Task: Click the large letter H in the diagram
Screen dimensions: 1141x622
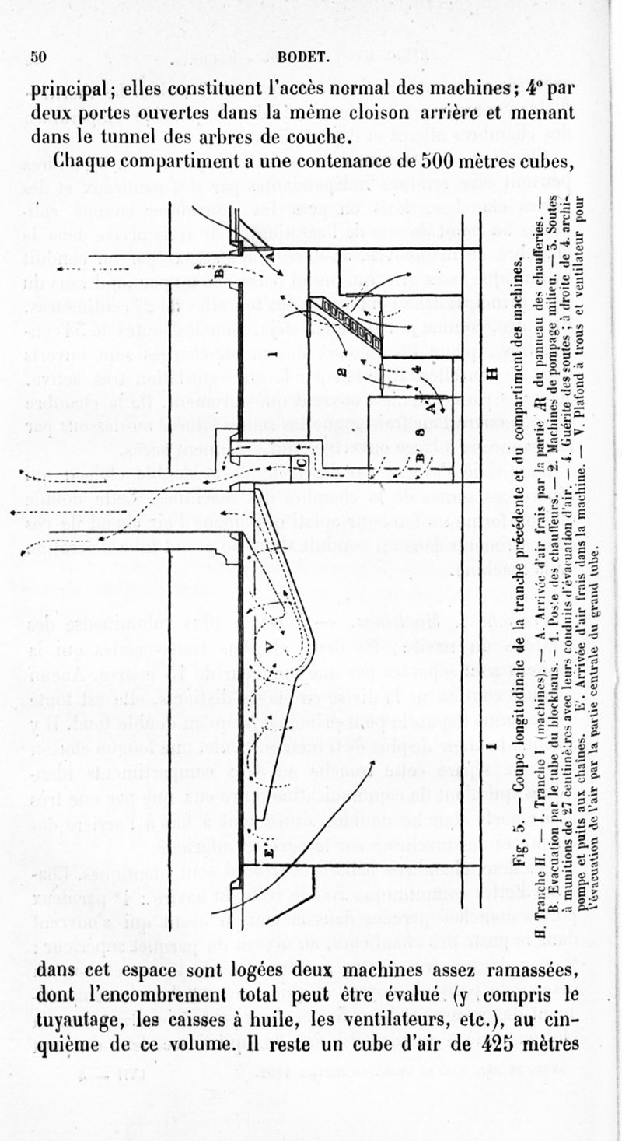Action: click(491, 374)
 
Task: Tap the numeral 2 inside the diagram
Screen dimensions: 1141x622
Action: click(342, 370)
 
